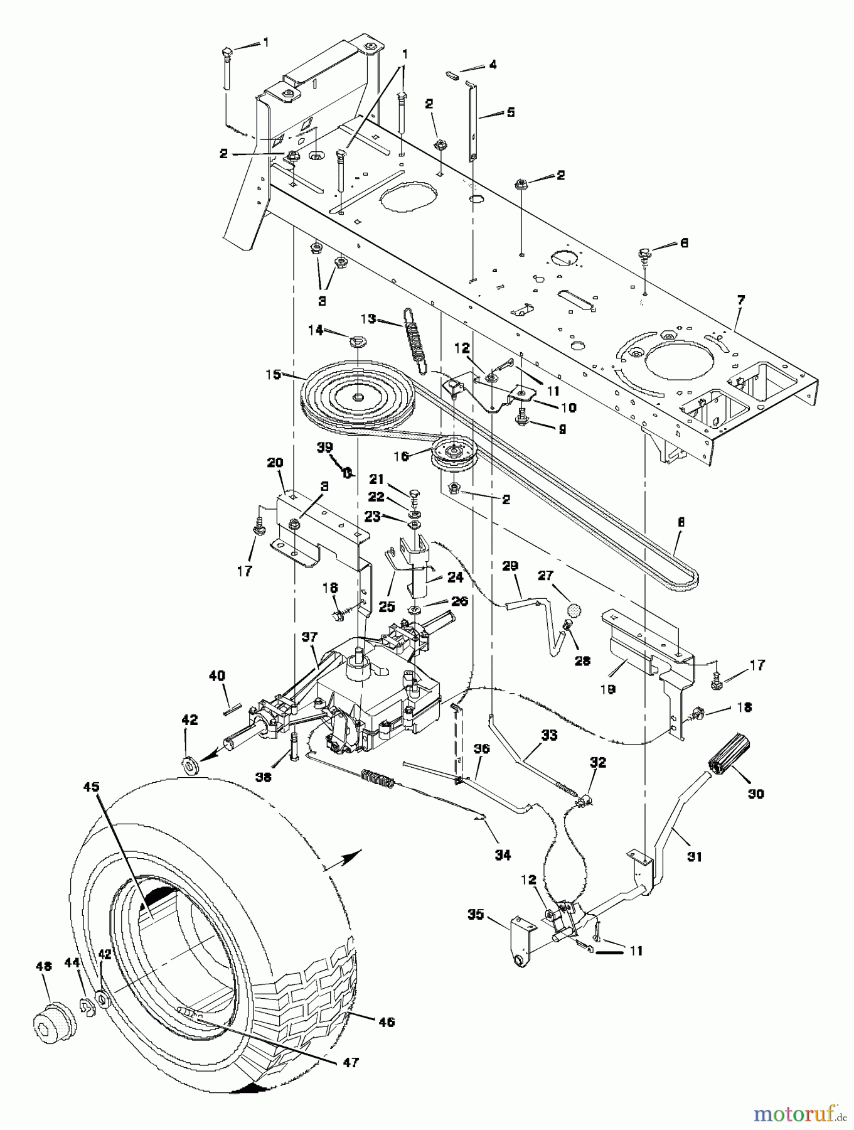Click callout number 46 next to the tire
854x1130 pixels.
click(387, 1022)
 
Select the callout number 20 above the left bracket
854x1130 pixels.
click(275, 462)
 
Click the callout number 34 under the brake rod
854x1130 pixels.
click(503, 854)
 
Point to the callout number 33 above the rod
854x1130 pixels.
click(548, 735)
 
